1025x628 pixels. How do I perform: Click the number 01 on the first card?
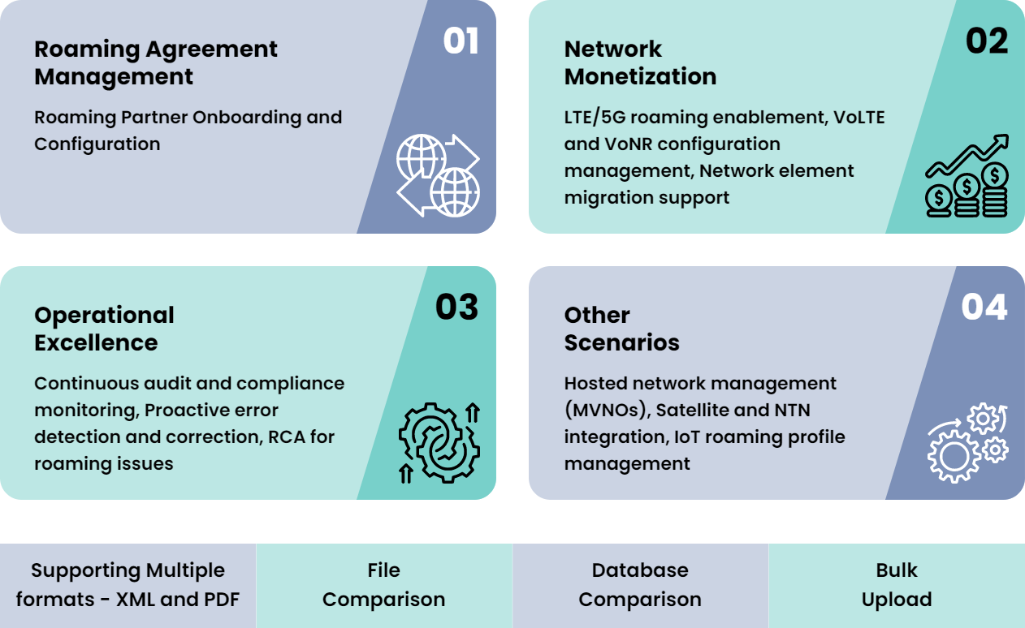[461, 42]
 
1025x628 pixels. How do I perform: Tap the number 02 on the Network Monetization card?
[987, 42]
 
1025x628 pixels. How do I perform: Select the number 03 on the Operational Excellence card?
[456, 308]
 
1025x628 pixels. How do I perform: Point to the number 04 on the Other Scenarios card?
[984, 308]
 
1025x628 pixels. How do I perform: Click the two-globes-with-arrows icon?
[438, 175]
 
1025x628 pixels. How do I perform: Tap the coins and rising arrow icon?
[967, 176]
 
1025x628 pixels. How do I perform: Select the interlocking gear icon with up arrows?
[439, 442]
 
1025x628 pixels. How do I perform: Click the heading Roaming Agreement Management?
[155, 62]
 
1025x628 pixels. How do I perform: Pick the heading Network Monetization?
[640, 62]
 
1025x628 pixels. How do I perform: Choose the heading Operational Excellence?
[104, 329]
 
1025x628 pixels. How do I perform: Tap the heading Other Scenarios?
[621, 329]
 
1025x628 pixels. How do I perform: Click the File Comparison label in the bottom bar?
[383, 585]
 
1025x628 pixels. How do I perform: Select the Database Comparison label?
[640, 585]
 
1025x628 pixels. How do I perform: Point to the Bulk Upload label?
[897, 585]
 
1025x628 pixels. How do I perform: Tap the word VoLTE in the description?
[859, 117]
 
